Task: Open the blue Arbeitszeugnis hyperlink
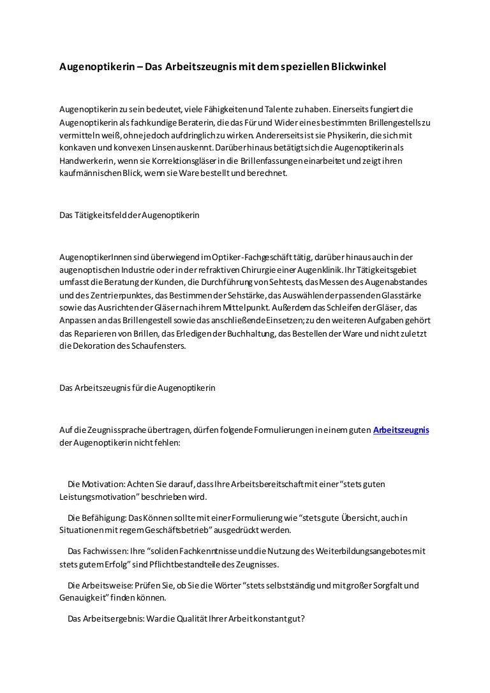pos(401,430)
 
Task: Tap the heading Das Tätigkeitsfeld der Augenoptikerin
pos(129,216)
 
